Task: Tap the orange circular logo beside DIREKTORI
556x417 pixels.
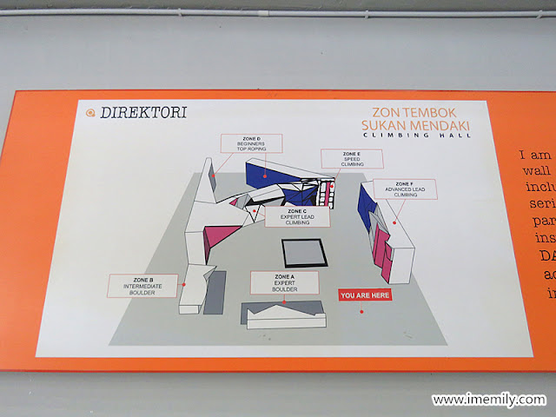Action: [90, 111]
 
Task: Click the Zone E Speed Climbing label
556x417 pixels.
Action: [340, 158]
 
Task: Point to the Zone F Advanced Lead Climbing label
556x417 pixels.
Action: [405, 189]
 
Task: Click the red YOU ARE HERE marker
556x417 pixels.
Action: [365, 295]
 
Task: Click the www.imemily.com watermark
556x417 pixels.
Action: [488, 400]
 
